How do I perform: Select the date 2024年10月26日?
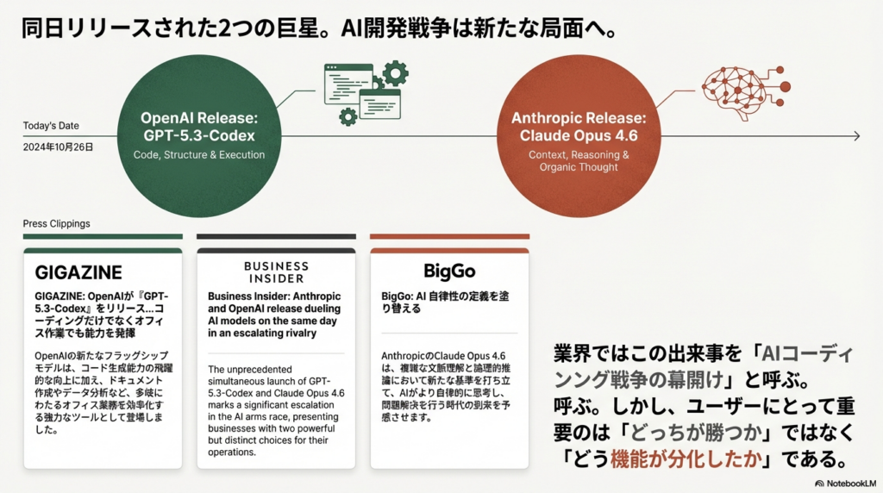click(58, 147)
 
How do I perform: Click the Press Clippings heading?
click(56, 224)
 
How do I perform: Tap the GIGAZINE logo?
click(78, 272)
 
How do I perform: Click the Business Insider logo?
click(276, 272)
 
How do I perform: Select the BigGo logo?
click(449, 272)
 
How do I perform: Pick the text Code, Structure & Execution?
click(198, 155)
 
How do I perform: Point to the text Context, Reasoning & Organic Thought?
click(579, 161)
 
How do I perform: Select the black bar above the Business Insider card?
click(276, 235)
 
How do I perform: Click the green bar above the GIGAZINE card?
click(103, 235)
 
